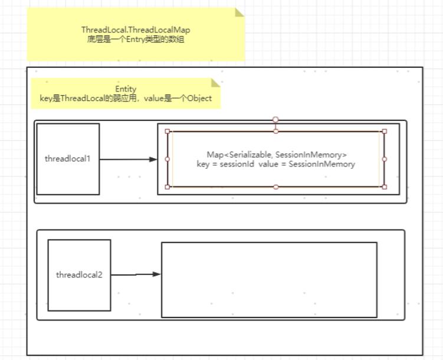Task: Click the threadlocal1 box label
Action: (68, 159)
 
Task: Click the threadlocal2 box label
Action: (79, 274)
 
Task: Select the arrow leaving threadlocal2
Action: (136, 274)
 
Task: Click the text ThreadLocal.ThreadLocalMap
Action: (135, 30)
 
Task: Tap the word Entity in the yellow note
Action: (126, 89)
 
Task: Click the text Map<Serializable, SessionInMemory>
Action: (276, 155)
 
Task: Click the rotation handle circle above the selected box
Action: (275, 120)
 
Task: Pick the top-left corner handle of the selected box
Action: (168, 131)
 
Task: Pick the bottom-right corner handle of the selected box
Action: (384, 186)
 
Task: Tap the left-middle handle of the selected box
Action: (168, 159)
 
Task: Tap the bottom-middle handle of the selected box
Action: (275, 186)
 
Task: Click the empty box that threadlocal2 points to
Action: (269, 279)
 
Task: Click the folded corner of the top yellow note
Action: (239, 12)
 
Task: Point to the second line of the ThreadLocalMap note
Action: (135, 39)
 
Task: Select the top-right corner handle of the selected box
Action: (384, 131)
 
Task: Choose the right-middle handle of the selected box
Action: (384, 159)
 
